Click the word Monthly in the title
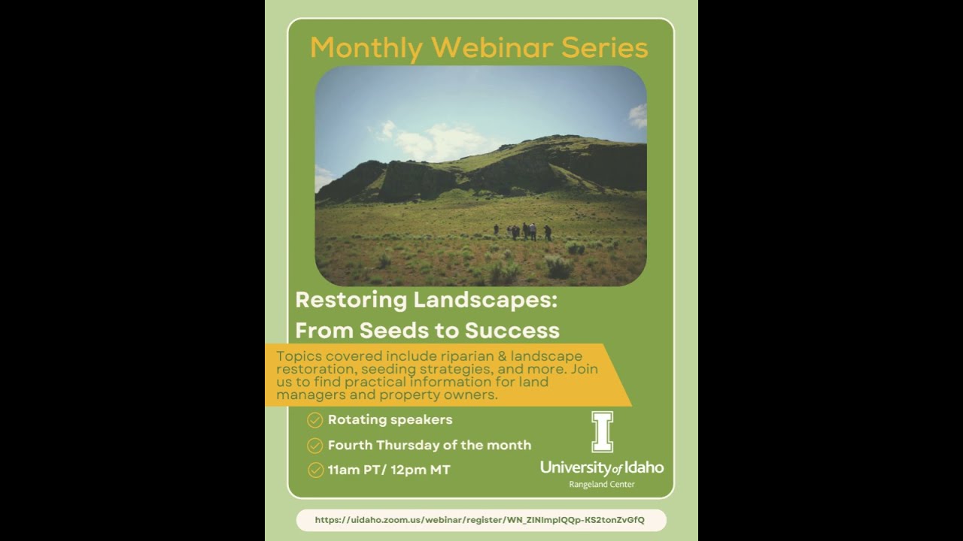tap(366, 48)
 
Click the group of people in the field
tap(524, 231)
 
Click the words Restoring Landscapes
tap(426, 300)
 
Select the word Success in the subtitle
tap(512, 331)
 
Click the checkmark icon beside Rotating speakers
tap(315, 420)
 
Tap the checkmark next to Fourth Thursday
tap(315, 446)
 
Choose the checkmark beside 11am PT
tap(315, 470)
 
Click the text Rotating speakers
tap(390, 420)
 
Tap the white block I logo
tap(602, 431)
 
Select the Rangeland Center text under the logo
tap(602, 485)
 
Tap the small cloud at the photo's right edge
tap(638, 116)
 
